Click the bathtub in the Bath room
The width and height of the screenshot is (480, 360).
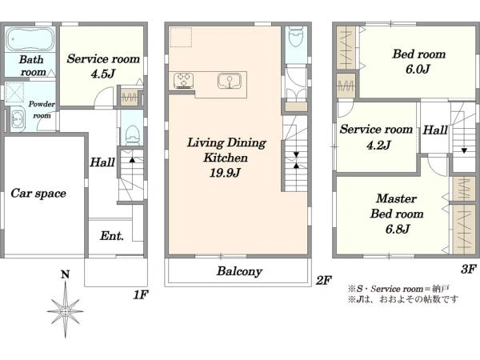click(30, 39)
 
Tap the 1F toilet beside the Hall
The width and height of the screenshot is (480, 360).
click(133, 134)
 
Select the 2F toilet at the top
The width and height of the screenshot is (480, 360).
click(296, 35)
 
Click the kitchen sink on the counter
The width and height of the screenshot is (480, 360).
click(230, 81)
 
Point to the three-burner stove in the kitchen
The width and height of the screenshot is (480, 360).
click(184, 81)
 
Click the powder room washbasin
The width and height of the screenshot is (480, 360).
click(17, 118)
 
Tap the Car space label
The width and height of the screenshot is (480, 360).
click(38, 194)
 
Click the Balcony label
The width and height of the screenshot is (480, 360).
click(239, 271)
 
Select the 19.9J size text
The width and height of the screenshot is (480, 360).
click(225, 173)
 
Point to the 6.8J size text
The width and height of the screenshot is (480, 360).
click(397, 229)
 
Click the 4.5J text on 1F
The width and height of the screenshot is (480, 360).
click(103, 74)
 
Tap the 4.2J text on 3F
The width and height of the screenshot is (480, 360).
click(378, 145)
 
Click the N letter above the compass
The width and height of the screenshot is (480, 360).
click(65, 274)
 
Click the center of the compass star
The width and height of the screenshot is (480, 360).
click(65, 312)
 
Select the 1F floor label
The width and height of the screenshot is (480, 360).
click(141, 294)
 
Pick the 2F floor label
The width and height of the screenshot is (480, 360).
click(324, 280)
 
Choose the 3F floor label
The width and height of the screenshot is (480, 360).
click(468, 269)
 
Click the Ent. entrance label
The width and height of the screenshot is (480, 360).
click(112, 236)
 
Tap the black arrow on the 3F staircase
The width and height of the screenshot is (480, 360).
click(464, 150)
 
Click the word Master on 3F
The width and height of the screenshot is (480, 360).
click(397, 198)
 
